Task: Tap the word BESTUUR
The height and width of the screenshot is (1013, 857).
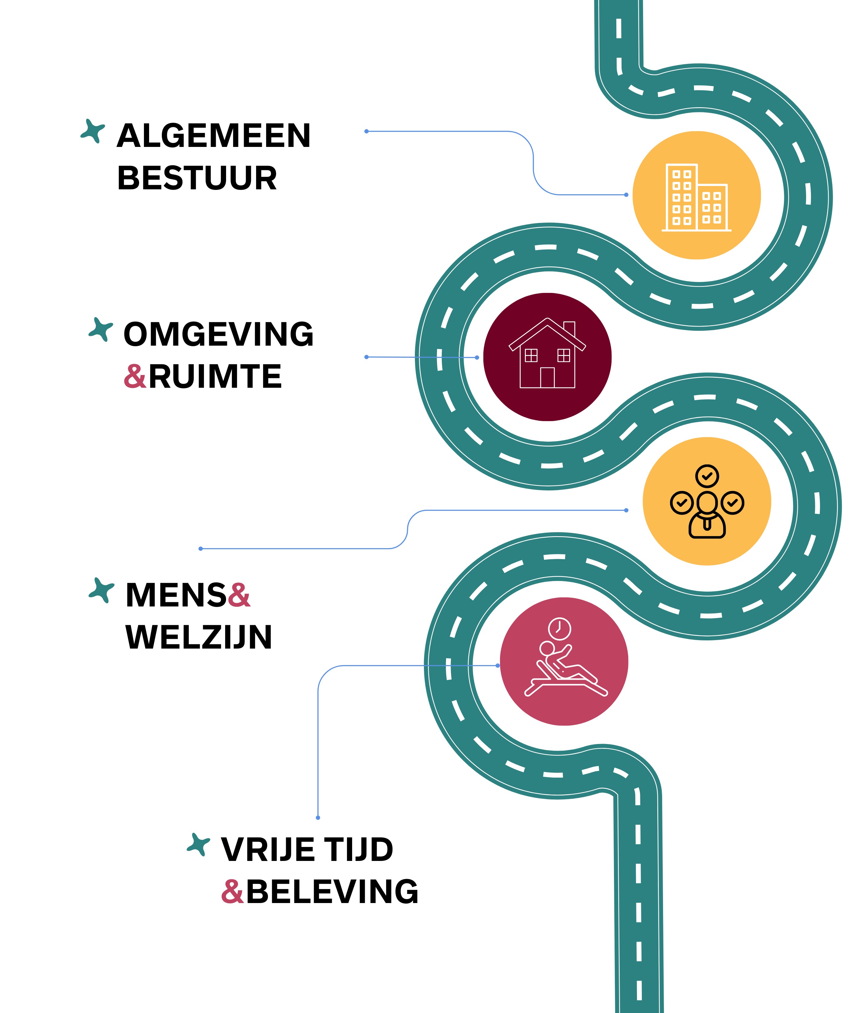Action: point(197,178)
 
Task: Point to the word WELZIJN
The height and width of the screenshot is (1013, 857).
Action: point(198,637)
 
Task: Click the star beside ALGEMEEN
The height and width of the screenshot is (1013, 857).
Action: point(93,131)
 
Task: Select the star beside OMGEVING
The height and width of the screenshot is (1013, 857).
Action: point(101,329)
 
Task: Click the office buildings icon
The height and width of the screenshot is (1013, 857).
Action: point(696,197)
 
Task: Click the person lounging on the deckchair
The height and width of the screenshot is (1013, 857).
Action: point(564,669)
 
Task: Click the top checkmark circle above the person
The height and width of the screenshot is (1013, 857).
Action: point(707,476)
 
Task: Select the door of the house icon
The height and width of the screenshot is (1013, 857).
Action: point(547,377)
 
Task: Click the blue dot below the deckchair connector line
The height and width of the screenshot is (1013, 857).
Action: point(318,817)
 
